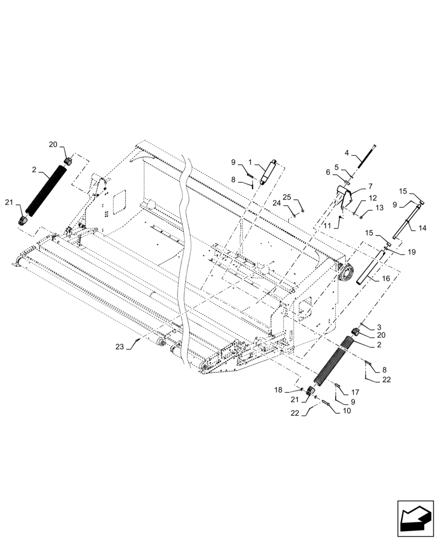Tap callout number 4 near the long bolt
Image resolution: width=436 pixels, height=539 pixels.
click(348, 153)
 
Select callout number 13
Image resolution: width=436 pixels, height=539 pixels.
click(380, 208)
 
